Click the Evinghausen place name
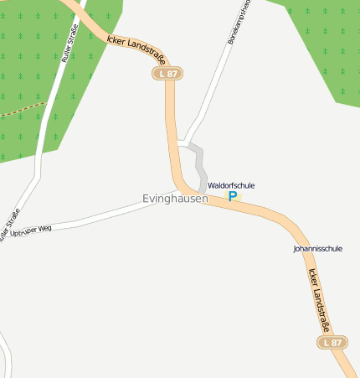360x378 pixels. [x=175, y=199]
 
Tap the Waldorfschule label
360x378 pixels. [x=231, y=185]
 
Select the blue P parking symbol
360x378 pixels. [x=233, y=196]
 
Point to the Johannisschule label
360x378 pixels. [x=318, y=249]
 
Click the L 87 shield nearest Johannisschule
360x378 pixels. [x=332, y=343]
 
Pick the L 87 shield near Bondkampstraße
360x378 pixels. [x=167, y=74]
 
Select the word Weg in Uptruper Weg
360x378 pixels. [x=44, y=227]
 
